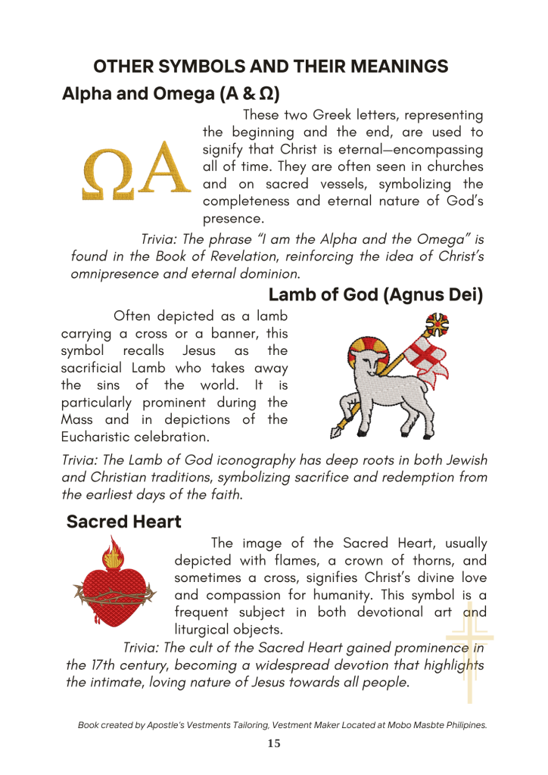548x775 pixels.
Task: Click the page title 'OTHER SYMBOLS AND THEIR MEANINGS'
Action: tap(271, 67)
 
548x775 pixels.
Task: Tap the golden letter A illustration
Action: tap(163, 169)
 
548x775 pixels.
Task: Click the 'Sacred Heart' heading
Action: tap(123, 521)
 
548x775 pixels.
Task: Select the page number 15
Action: tap(274, 743)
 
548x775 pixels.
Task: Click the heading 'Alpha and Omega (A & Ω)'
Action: tap(170, 95)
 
